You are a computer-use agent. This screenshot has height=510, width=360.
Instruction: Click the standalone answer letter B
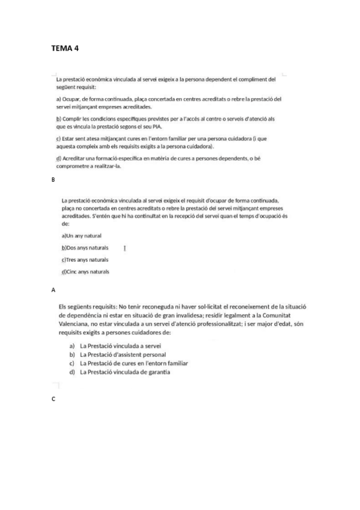(53, 180)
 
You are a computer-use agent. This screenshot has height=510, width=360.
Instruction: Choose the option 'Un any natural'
(82, 236)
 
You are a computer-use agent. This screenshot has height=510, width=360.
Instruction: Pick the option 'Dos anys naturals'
(85, 248)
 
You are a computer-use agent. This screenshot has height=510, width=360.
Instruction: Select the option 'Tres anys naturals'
(85, 260)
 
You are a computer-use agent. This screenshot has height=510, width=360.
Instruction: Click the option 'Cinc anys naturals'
(85, 272)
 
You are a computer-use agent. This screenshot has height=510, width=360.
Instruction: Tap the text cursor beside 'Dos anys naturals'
(124, 248)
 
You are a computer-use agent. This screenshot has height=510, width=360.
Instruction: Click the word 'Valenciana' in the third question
(75, 324)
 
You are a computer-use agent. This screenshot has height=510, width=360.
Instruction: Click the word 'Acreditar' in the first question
(75, 159)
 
